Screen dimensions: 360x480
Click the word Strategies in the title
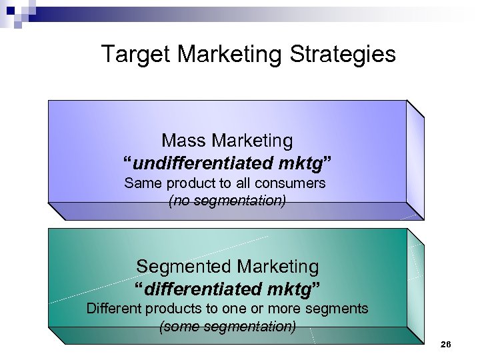343,55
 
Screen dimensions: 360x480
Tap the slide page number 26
446,345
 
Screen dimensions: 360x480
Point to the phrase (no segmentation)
227,200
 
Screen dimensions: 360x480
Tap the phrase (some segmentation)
227,327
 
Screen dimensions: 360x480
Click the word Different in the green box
115,309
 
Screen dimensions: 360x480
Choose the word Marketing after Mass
252,141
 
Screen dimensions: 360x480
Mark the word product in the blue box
191,183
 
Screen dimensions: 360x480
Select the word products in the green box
178,309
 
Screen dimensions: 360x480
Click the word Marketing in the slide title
227,55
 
